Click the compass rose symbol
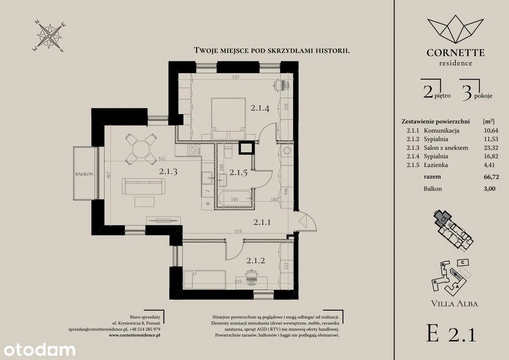[49, 36]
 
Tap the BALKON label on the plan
[84, 174]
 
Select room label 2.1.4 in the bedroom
[260, 108]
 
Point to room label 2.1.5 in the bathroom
[238, 173]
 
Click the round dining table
[141, 149]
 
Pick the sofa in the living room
[144, 186]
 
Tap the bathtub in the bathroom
[235, 199]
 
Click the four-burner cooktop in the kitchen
[194, 150]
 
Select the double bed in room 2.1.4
[228, 119]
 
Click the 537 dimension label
[236, 77]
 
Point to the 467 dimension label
[109, 175]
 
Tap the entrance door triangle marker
[303, 221]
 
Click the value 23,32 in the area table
[491, 148]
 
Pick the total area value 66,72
[492, 177]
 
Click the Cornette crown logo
[456, 29]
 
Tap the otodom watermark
[39, 350]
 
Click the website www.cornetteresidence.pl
[134, 335]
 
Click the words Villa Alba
[455, 304]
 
